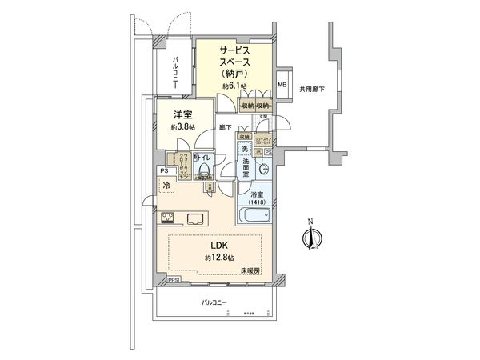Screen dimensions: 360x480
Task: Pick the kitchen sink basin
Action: coord(196,218)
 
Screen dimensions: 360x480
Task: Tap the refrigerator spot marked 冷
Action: coord(166,186)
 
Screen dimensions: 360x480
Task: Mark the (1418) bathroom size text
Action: coord(256,202)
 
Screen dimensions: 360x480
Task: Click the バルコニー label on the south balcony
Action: coord(214,303)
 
